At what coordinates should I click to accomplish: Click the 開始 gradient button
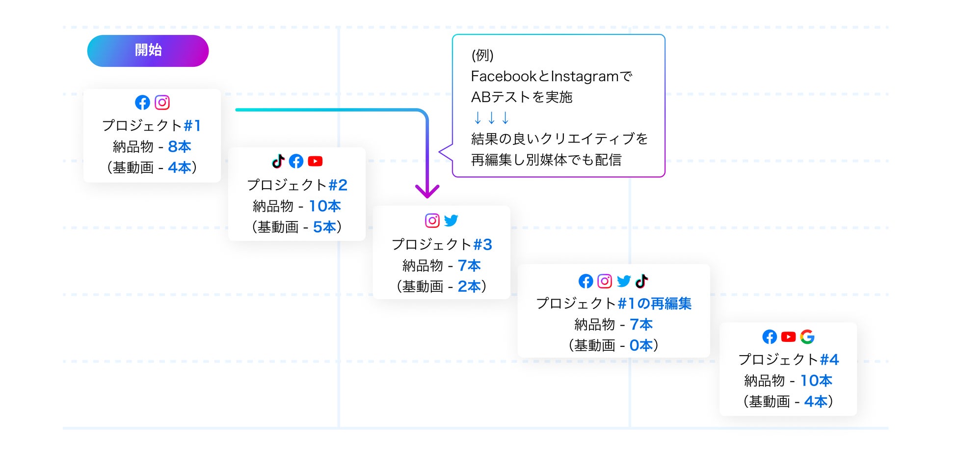148,51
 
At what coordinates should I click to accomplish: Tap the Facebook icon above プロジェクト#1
142,102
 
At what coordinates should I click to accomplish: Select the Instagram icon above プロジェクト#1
162,102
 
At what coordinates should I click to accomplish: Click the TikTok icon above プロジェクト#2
278,161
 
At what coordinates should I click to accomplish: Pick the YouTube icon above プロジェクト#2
315,161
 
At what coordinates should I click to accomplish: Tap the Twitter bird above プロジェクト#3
451,221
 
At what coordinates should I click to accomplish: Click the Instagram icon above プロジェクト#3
432,221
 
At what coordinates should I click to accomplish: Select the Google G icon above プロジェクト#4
807,337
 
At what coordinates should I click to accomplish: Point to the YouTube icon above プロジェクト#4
788,337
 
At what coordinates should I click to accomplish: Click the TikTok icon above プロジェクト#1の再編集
642,281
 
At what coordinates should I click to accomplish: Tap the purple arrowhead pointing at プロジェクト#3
427,191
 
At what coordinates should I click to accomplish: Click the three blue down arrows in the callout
491,118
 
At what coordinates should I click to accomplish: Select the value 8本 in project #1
179,146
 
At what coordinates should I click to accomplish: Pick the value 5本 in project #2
324,227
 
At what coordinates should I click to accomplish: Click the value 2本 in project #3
469,286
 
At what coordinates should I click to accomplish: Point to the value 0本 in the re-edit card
641,345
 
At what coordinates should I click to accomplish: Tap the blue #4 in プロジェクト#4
829,360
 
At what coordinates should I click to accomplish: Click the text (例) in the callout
482,56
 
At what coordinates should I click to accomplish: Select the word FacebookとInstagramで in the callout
551,77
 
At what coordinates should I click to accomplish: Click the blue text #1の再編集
654,304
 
